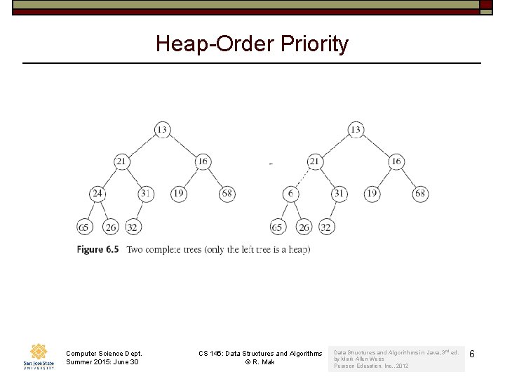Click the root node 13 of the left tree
[x=162, y=129]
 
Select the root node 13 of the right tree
[x=356, y=129]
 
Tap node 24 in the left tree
[x=97, y=194]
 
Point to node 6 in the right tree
[x=290, y=194]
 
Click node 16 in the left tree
[x=203, y=161]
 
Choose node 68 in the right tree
[x=420, y=194]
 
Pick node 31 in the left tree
[x=146, y=194]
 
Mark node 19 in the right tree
[x=372, y=194]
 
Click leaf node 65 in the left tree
[x=85, y=227]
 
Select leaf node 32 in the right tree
[x=325, y=227]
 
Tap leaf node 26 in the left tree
[x=110, y=227]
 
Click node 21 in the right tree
[x=315, y=161]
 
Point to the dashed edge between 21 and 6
[x=302, y=178]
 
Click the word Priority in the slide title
[x=314, y=44]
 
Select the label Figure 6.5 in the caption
[x=97, y=249]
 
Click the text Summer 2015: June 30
[x=103, y=362]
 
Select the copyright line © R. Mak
[x=260, y=362]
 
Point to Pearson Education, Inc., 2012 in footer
[x=371, y=366]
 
